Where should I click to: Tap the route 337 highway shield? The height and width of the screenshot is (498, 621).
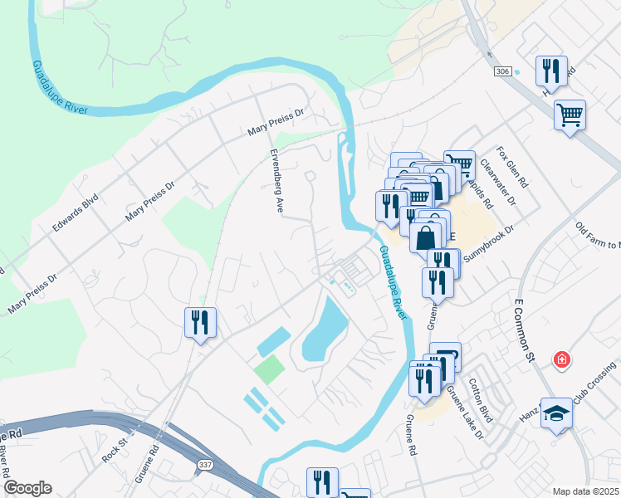[x=204, y=466]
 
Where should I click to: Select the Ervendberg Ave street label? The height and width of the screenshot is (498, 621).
[x=276, y=181]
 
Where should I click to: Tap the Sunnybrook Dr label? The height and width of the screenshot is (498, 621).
[x=489, y=243]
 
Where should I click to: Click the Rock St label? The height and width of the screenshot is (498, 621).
[x=112, y=453]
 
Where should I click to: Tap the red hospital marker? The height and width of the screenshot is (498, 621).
[x=562, y=360]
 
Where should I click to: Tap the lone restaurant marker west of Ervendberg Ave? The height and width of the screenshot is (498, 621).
[x=200, y=321]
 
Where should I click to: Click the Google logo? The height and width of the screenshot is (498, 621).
[x=27, y=488]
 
